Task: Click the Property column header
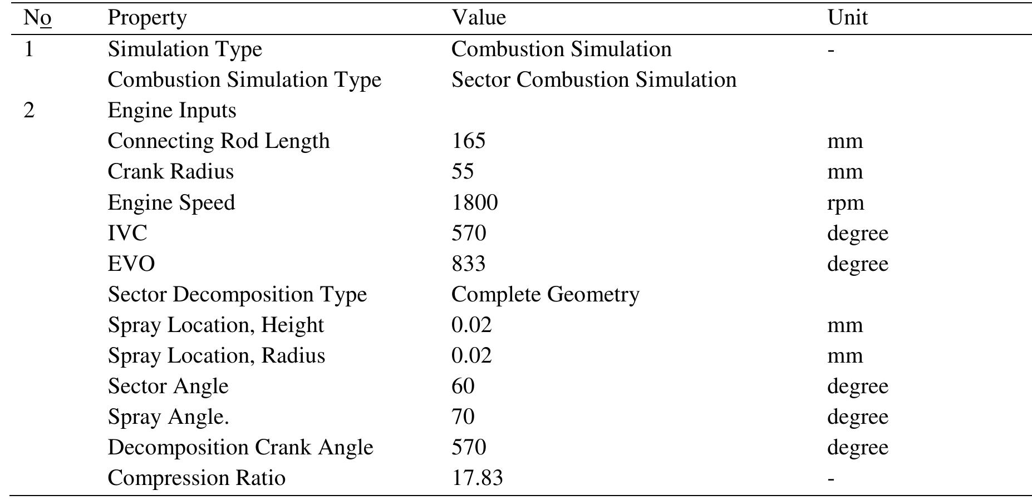point(147,18)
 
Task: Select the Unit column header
point(847,18)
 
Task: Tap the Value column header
point(478,18)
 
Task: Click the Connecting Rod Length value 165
point(468,141)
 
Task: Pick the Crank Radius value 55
point(463,171)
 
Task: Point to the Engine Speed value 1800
point(474,202)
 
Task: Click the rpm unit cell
point(846,203)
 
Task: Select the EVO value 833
point(468,263)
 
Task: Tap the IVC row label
point(127,232)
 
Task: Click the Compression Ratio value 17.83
point(477,478)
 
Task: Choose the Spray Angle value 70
point(463,417)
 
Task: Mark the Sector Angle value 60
point(463,386)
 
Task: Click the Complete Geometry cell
point(545,294)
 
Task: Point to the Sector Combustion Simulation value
point(593,80)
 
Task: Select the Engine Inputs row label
point(171,110)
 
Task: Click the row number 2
point(29,110)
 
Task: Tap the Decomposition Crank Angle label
point(240,447)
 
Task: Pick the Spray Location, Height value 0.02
point(471,325)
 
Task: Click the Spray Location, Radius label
point(216,355)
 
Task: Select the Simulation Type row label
point(184,49)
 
